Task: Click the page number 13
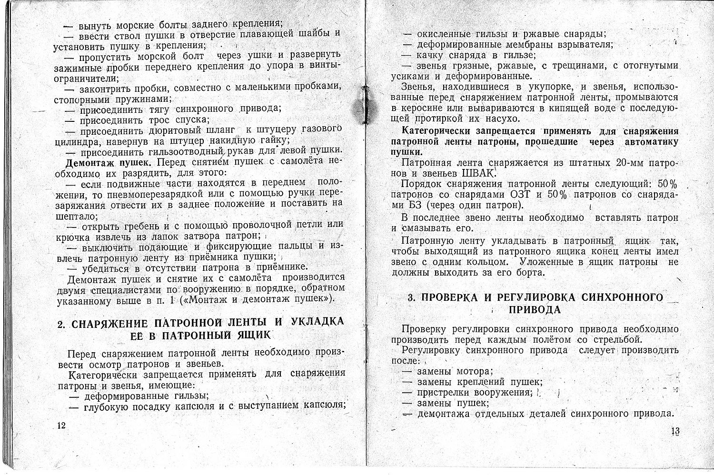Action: click(675, 431)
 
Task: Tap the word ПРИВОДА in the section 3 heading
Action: click(535, 309)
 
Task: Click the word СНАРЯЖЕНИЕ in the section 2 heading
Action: click(108, 324)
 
